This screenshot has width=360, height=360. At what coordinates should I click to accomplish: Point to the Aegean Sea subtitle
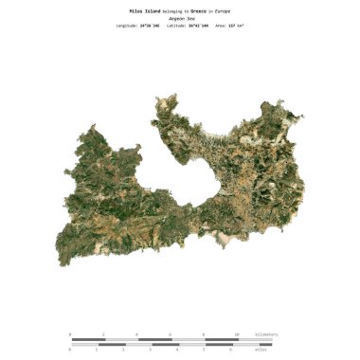point(180,18)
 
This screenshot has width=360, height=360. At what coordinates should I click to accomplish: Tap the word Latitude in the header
point(171,26)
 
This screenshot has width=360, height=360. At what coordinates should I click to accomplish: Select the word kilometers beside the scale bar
point(267,334)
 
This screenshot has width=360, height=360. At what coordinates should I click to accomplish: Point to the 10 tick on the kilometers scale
point(238,334)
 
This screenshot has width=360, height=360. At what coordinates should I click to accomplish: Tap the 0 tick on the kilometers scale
point(71,334)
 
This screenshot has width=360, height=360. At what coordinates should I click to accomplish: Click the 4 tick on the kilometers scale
point(137,334)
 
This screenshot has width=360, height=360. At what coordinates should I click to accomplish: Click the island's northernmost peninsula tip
point(171,95)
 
